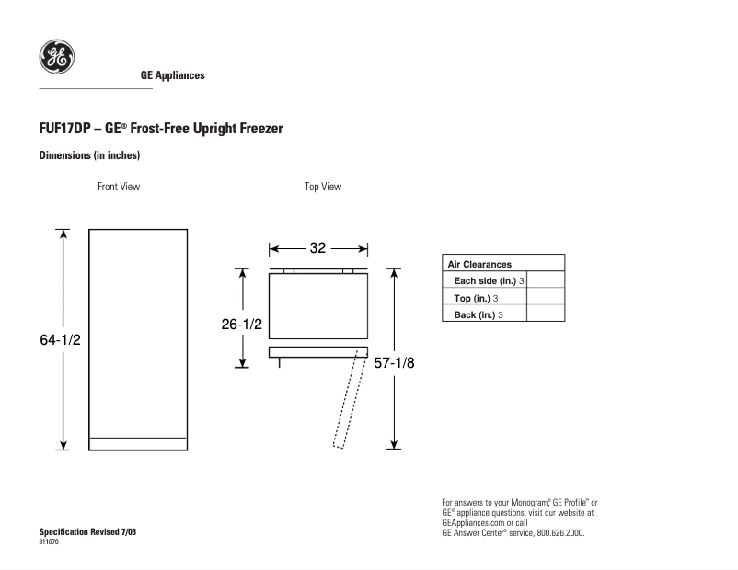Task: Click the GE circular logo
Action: coord(56,57)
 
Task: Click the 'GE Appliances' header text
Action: coord(172,75)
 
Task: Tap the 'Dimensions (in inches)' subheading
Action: coord(89,155)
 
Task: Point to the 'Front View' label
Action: coord(119,187)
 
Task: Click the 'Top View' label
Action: coord(323,187)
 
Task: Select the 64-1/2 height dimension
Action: coord(60,339)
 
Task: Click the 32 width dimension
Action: coord(317,248)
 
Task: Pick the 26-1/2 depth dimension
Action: coord(241,324)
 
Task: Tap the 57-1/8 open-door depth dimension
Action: coord(394,362)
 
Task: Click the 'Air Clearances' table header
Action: coord(479,264)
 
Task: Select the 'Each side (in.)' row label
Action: coord(485,280)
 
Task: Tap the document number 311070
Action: coord(49,542)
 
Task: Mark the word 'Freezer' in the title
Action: coord(260,129)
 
